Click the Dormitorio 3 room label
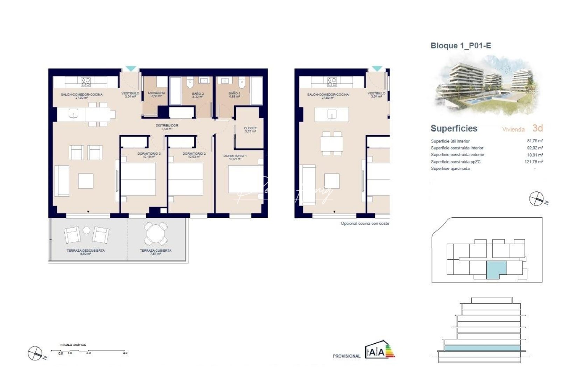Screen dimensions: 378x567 tap(149, 154)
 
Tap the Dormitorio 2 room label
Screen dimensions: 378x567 tap(194, 154)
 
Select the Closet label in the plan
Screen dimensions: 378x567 tap(250, 128)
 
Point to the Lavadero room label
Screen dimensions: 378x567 tap(156, 93)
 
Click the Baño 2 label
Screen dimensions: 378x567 tap(198, 94)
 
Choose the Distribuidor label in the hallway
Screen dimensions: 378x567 tap(167, 125)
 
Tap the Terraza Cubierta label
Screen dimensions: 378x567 tap(155, 251)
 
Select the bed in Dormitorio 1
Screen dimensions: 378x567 tap(246, 179)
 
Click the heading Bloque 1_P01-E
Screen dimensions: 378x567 tap(461, 46)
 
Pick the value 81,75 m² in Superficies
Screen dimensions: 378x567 tap(535, 141)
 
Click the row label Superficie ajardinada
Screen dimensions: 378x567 tap(450, 169)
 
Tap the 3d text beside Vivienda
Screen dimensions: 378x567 tap(537, 128)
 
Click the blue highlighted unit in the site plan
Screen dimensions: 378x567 tap(496, 270)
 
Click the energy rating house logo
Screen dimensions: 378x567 tap(379, 349)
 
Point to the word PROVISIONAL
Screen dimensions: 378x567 tap(346, 356)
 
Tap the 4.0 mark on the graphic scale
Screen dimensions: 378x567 tap(125, 353)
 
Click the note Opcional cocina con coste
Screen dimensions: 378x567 tap(365, 223)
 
